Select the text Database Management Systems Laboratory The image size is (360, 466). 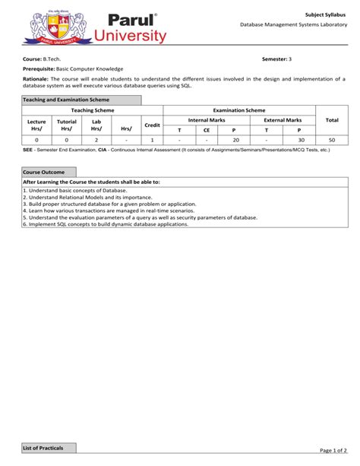(x=292, y=25)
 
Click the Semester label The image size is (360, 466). (x=274, y=59)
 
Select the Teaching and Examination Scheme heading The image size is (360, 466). (x=66, y=100)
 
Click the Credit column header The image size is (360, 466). (x=152, y=125)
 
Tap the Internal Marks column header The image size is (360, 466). (x=207, y=120)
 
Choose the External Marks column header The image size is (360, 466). (x=283, y=120)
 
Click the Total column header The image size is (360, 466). (x=332, y=120)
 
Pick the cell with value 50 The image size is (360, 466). (x=332, y=140)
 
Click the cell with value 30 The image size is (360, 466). (x=301, y=140)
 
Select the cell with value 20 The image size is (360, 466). (x=235, y=140)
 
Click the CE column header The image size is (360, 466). (x=206, y=130)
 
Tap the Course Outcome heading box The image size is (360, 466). (x=43, y=173)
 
